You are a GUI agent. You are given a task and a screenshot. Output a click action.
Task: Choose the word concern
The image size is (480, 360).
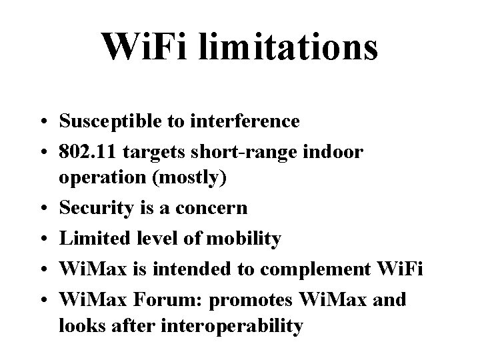tap(211, 208)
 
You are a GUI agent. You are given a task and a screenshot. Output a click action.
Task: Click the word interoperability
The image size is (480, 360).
tap(226, 326)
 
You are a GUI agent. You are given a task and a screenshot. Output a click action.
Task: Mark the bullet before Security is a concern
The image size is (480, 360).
tap(43, 209)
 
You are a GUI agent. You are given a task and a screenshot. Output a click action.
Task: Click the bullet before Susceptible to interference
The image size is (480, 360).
tap(43, 122)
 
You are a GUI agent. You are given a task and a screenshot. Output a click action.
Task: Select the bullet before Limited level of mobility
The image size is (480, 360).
tap(43, 238)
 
